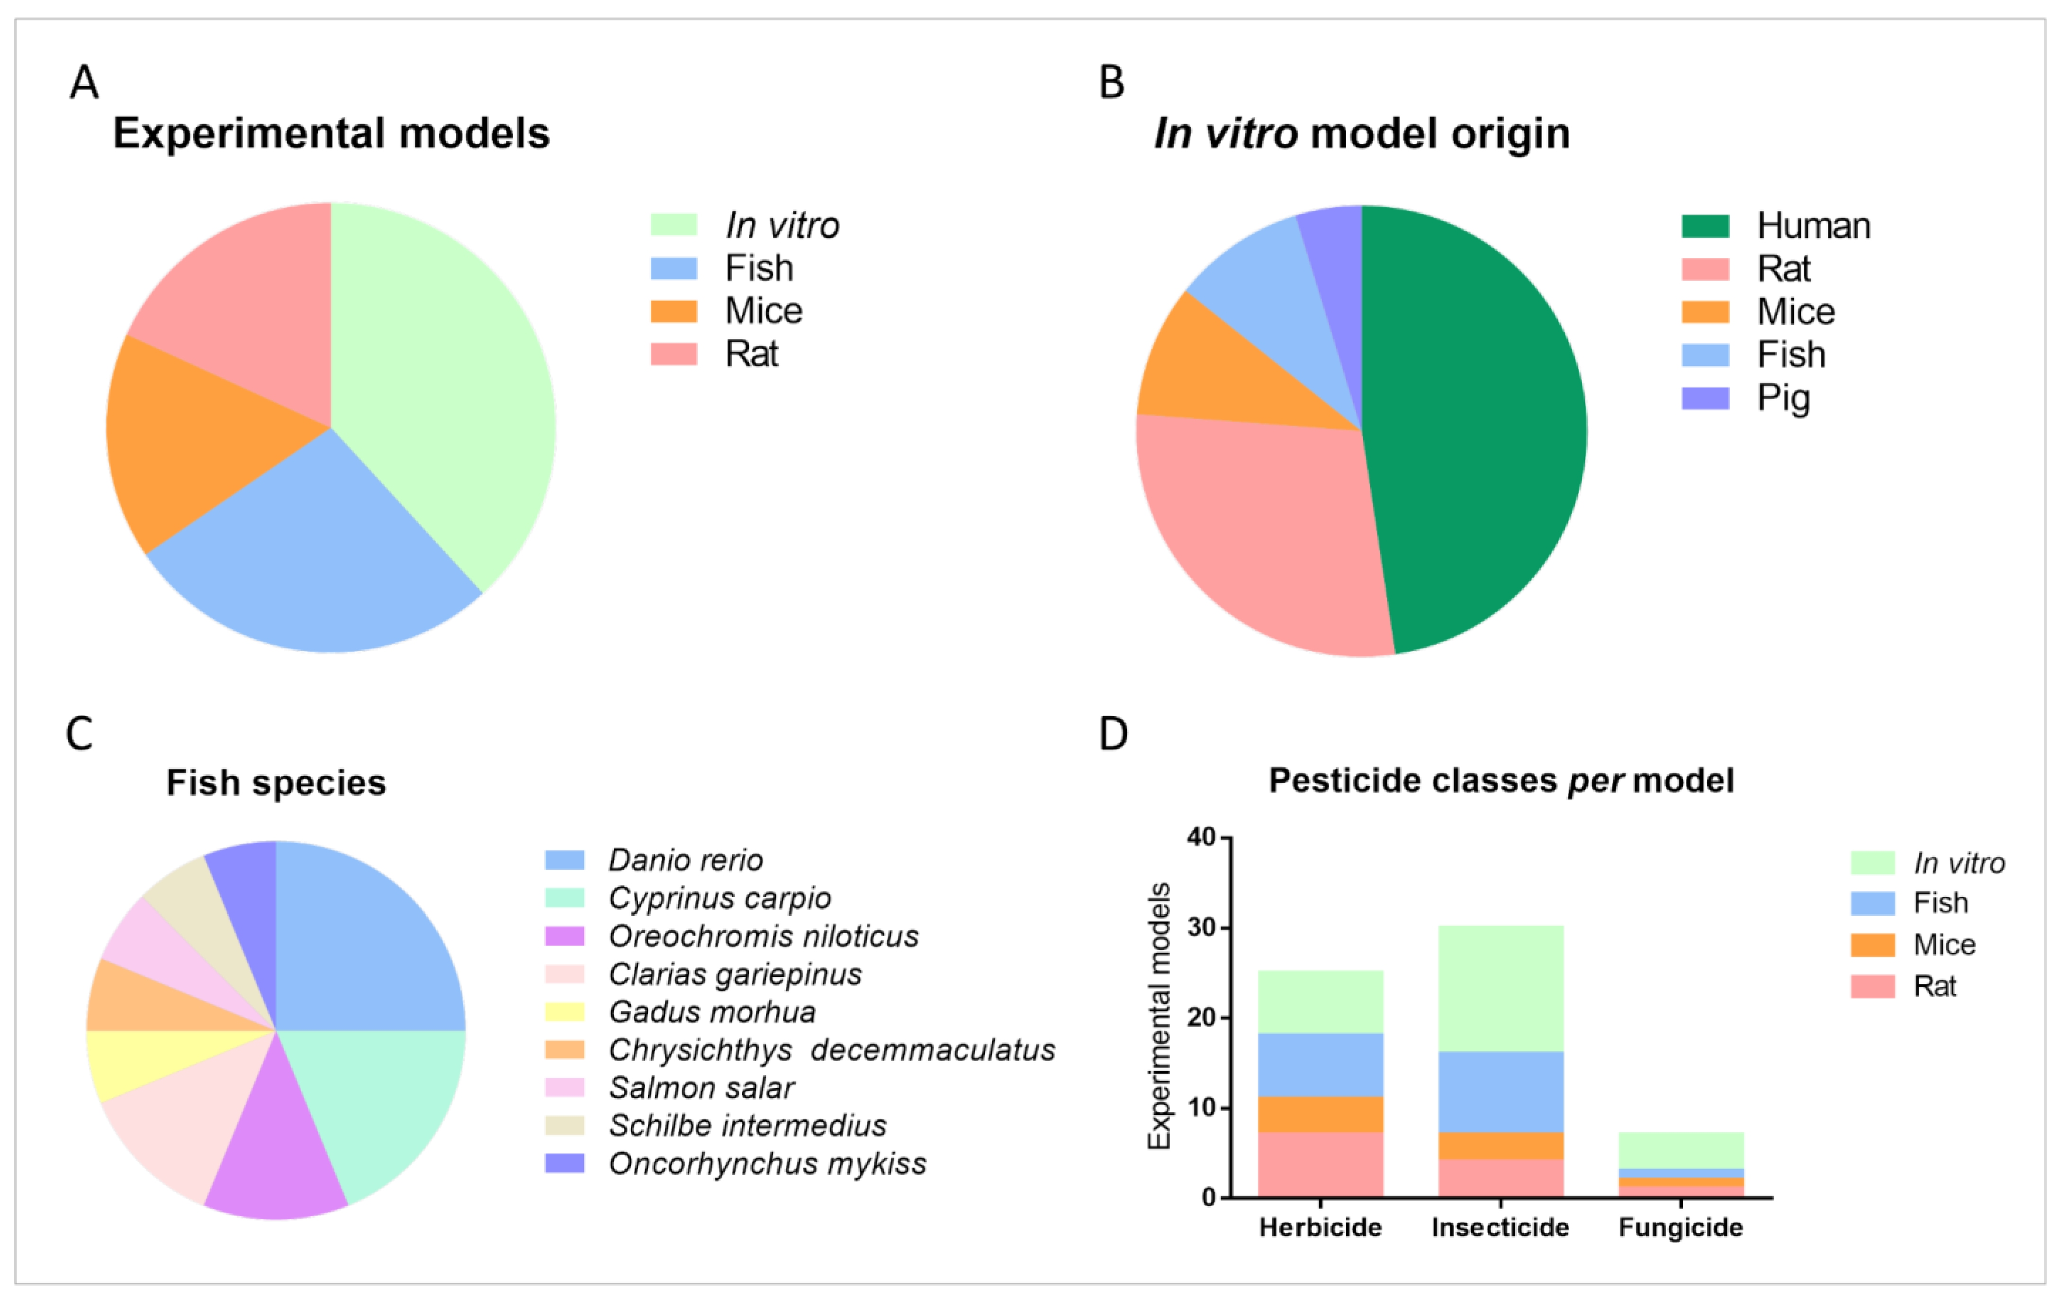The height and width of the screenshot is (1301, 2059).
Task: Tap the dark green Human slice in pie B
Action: (1479, 428)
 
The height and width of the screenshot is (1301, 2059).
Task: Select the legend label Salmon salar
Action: (701, 1088)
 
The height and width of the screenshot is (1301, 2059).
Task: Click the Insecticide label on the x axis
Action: (1501, 1228)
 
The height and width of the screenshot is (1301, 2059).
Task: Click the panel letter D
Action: (1113, 734)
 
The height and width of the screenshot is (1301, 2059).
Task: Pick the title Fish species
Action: (276, 782)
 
